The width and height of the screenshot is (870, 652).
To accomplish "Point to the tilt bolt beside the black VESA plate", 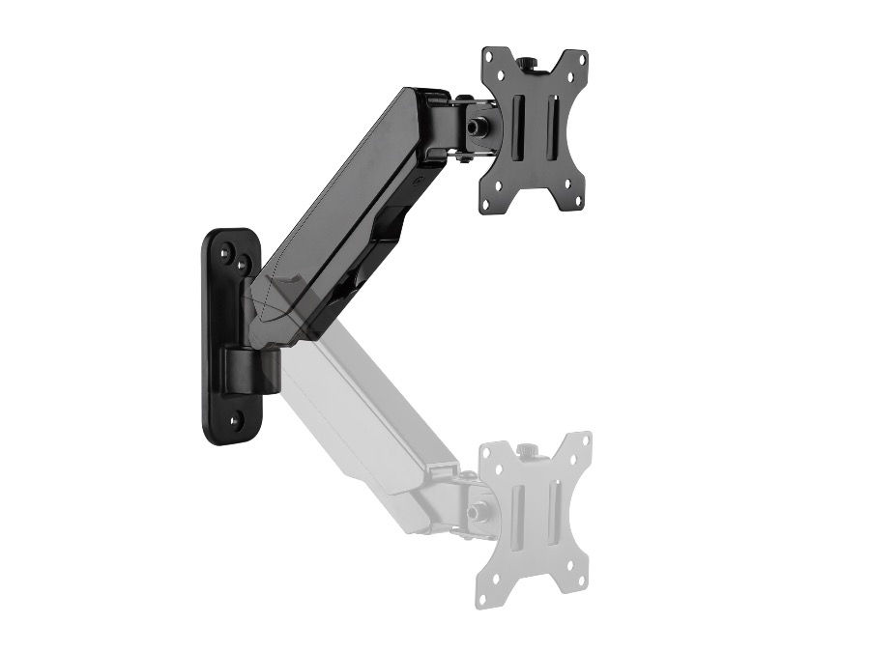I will point(478,127).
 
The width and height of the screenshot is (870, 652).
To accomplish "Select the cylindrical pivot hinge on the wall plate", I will point(253,368).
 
